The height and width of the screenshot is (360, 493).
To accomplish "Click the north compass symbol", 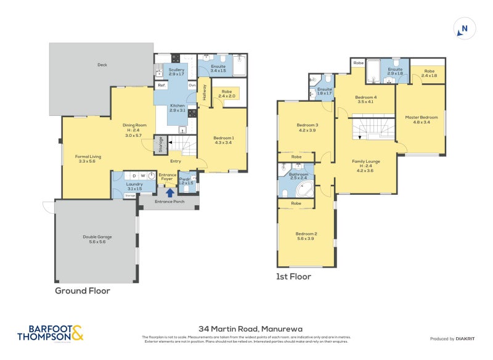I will [x=465, y=28].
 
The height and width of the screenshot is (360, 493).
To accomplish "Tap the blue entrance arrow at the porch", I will [x=169, y=192].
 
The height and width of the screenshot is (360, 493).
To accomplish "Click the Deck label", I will [x=102, y=64].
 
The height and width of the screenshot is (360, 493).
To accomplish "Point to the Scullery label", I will [x=176, y=72].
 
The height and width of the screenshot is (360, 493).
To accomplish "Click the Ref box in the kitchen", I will [x=161, y=86].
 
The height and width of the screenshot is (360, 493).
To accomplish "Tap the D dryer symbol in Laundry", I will [x=133, y=176].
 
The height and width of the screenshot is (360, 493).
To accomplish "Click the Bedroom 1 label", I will [x=223, y=141].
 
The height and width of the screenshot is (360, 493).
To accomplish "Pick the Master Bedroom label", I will [x=421, y=120].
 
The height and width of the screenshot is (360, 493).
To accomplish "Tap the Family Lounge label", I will [x=365, y=165].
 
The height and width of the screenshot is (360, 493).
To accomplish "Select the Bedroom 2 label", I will [x=306, y=236].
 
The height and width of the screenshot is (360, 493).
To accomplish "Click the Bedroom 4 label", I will [x=366, y=100].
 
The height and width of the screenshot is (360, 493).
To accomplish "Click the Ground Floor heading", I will [x=83, y=290].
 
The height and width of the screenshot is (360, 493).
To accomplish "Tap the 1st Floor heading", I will [x=293, y=277].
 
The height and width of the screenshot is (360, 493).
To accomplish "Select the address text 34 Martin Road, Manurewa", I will [x=246, y=329].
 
